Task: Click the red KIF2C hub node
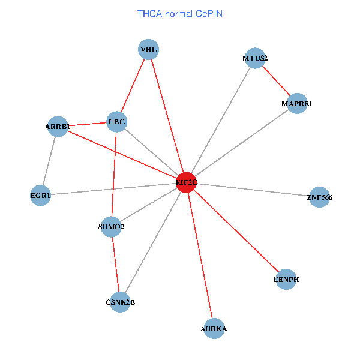187,182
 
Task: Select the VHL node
148,50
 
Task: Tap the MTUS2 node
256,58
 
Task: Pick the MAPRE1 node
297,104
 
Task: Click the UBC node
116,122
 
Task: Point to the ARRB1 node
58,127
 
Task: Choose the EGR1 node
40,195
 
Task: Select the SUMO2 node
111,227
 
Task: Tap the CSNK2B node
120,302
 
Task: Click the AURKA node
214,328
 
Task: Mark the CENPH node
286,280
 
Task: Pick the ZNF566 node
319,197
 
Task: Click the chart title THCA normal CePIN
180,13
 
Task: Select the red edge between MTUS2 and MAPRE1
276,81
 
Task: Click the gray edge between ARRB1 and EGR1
49,161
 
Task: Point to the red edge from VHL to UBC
133,86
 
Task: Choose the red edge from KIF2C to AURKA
200,254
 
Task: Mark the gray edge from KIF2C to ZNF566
253,189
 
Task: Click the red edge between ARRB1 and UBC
87,124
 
